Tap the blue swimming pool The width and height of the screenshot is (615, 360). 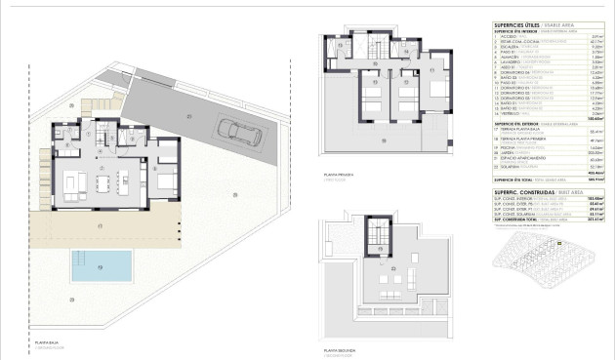tap(102, 264)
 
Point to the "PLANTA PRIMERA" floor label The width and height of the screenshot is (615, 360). tap(338, 176)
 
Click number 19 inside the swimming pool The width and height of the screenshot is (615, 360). tap(101, 265)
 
